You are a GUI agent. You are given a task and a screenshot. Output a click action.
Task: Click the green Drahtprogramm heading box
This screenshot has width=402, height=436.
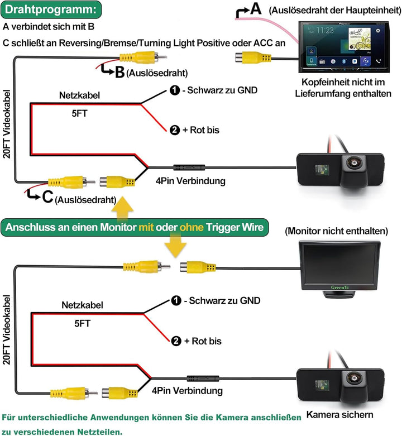click(51, 9)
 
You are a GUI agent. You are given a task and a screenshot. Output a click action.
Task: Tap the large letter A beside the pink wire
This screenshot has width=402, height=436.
click(255, 9)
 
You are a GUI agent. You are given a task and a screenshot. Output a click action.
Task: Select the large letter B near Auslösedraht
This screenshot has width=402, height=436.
click(119, 72)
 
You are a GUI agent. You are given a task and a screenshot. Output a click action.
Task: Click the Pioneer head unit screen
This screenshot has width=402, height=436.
click(340, 45)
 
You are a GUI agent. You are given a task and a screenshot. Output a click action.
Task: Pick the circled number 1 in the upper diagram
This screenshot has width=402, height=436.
click(175, 90)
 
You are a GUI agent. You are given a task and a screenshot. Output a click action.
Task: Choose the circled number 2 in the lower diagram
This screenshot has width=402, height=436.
click(175, 340)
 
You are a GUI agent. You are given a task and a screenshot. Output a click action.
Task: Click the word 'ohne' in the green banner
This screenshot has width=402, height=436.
click(190, 228)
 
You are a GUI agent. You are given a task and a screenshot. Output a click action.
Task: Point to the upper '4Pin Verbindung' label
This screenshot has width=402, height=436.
click(190, 181)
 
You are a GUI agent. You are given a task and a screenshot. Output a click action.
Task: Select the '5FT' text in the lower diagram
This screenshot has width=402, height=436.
click(83, 323)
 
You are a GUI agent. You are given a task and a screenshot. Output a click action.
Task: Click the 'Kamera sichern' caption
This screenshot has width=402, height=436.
click(340, 415)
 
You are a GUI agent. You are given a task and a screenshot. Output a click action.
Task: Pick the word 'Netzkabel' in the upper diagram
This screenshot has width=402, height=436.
click(79, 95)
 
